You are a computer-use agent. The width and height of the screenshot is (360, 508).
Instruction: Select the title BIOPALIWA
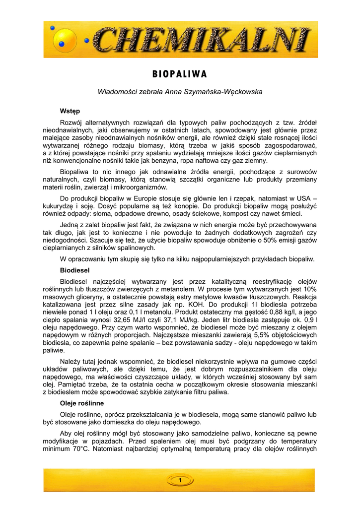(x=180, y=74)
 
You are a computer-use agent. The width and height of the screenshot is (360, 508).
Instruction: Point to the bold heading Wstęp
(x=70, y=111)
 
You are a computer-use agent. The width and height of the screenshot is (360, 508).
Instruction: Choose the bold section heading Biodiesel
(x=74, y=270)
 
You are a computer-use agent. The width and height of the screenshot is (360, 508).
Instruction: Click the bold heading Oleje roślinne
(x=81, y=403)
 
